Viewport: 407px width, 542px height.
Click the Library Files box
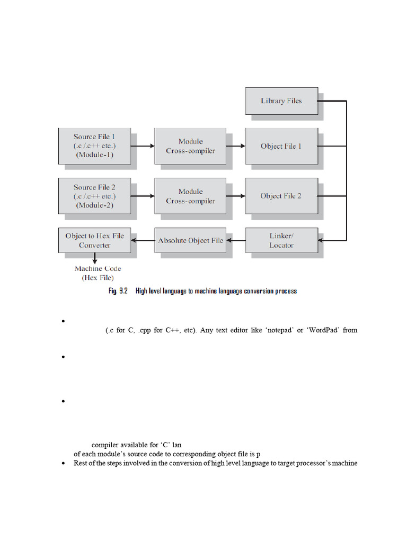(281, 101)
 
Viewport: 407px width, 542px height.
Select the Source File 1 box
(94, 146)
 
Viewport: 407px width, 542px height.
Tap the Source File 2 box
(94, 196)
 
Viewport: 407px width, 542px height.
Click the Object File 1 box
(281, 146)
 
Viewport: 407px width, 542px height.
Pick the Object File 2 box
(281, 196)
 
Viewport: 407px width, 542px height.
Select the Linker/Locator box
(281, 241)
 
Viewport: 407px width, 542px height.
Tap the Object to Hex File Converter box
(95, 241)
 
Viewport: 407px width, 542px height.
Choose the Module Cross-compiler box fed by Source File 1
(191, 146)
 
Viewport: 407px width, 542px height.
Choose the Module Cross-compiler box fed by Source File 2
(191, 196)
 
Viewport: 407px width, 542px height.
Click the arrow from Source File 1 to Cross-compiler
(142, 146)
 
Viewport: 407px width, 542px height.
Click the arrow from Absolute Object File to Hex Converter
(143, 241)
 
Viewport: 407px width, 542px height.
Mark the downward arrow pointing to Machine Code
(95, 259)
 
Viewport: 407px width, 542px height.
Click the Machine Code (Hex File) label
(98, 273)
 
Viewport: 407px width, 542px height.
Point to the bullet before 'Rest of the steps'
(63, 463)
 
